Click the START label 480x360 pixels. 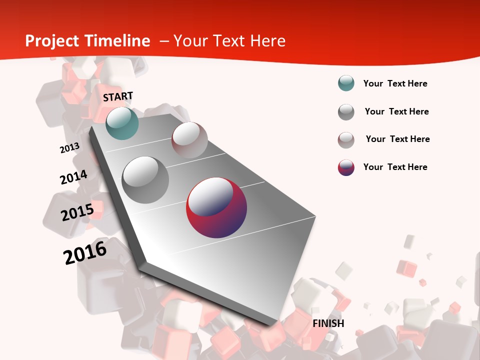[118, 96]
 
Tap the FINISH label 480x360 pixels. [328, 323]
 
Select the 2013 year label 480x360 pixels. [69, 148]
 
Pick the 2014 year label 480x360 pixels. [73, 177]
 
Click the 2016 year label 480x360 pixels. [85, 252]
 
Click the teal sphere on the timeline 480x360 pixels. [122, 123]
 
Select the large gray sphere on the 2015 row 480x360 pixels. [145, 179]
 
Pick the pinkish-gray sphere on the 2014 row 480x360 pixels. [189, 140]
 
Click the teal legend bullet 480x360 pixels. [346, 83]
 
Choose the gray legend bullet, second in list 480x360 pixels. [346, 112]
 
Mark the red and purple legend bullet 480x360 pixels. [346, 167]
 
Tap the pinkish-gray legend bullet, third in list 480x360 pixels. [346, 140]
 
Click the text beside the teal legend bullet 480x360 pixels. [395, 83]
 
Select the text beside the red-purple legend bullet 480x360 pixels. [395, 167]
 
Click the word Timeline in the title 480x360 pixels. [118, 41]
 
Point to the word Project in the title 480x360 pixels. [52, 41]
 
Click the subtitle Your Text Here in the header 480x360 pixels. [229, 41]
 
